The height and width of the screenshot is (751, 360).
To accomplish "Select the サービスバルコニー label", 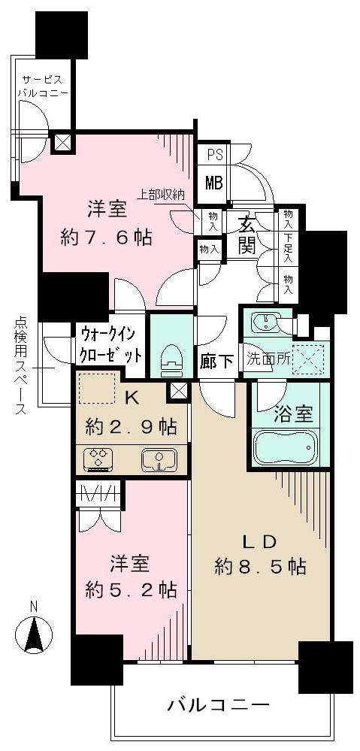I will pyautogui.click(x=44, y=86).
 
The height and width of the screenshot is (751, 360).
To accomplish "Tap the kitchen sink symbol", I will pyautogui.click(x=158, y=458).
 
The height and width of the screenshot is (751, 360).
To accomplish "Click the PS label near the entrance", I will pyautogui.click(x=213, y=154).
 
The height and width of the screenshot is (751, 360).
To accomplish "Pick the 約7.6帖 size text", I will pyautogui.click(x=106, y=238).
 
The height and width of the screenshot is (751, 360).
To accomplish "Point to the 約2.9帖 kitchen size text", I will pyautogui.click(x=132, y=427).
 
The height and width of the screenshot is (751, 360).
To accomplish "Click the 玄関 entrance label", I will pyautogui.click(x=250, y=233).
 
